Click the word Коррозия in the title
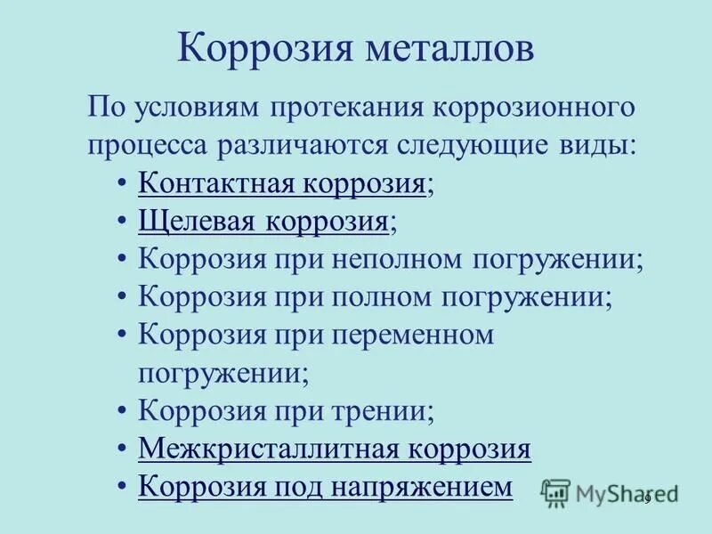pos(260,48)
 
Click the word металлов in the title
pos(448,48)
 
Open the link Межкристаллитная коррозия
pos(335,449)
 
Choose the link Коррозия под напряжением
pos(326,487)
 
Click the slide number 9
pos(648,498)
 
